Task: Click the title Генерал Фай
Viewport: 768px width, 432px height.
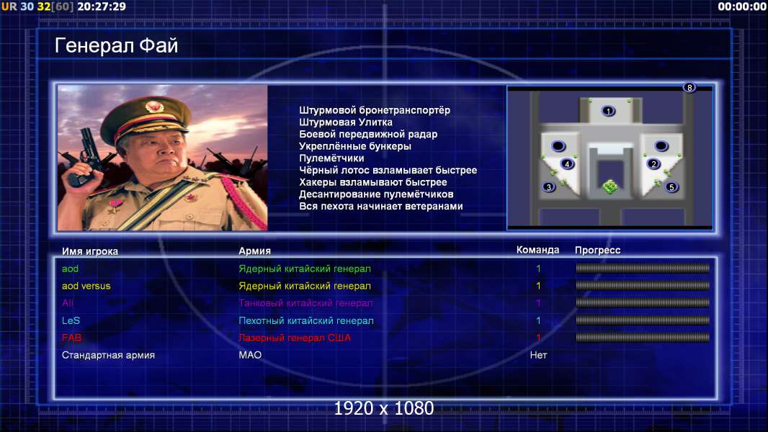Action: (x=116, y=45)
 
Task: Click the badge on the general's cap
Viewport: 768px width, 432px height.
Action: (x=154, y=106)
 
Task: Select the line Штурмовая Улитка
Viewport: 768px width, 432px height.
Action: (x=346, y=122)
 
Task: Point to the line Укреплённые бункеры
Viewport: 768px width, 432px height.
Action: (x=355, y=146)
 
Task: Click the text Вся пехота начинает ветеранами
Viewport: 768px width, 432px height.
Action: (x=381, y=206)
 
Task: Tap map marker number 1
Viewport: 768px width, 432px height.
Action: (x=608, y=111)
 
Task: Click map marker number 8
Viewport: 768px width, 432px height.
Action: (x=689, y=88)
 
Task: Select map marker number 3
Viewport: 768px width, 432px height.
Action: (x=549, y=187)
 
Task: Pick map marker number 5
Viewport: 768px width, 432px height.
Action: (x=671, y=187)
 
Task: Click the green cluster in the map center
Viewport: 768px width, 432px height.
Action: (x=610, y=187)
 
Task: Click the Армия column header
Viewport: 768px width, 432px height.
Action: (x=255, y=251)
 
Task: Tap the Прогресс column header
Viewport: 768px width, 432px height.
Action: (x=597, y=250)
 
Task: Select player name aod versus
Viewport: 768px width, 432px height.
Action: (x=86, y=286)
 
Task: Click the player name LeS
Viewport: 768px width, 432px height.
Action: (x=71, y=320)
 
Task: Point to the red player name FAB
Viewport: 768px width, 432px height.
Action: (x=71, y=338)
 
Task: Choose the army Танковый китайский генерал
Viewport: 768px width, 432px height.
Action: (x=305, y=303)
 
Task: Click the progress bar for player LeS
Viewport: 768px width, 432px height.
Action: (x=643, y=320)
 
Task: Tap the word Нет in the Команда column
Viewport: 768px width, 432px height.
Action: (x=538, y=355)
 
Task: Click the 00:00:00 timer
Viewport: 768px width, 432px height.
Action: (x=741, y=6)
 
